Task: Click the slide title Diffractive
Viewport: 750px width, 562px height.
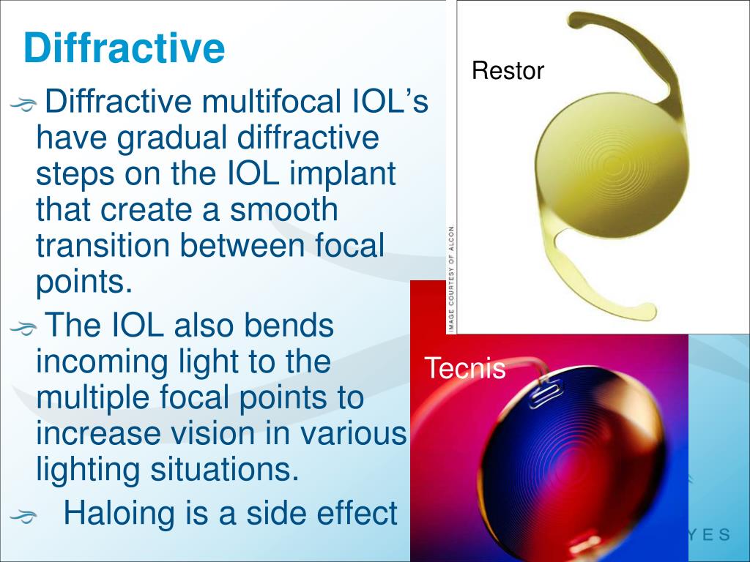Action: click(x=124, y=48)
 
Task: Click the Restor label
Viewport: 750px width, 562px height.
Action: click(x=508, y=71)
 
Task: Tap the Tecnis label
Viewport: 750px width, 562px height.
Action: click(x=465, y=368)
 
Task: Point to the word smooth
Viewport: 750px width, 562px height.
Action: click(x=284, y=211)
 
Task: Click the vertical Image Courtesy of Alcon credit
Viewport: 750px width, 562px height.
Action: click(x=451, y=278)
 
